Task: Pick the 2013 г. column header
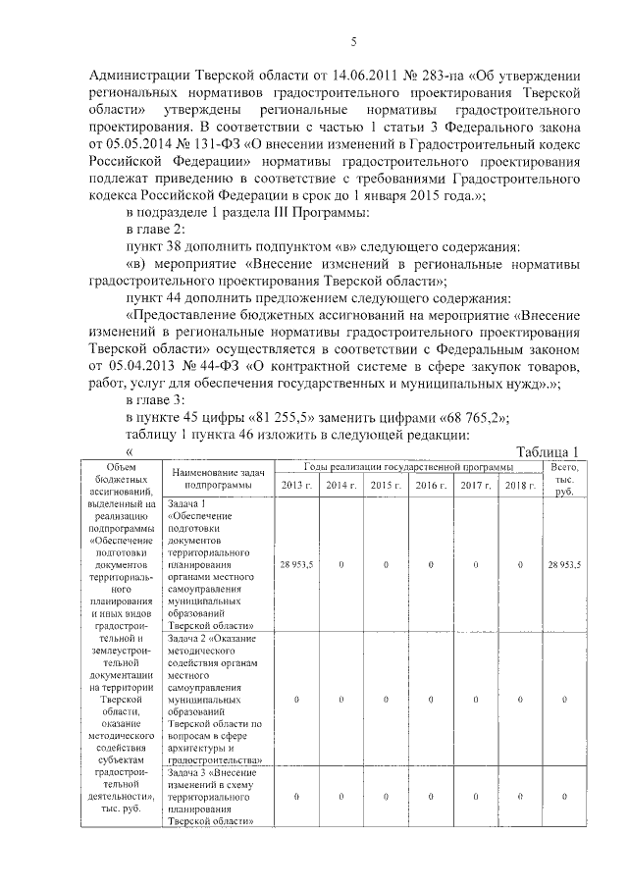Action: tap(297, 486)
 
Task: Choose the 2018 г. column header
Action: tap(520, 486)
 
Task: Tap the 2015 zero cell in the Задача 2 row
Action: tap(386, 699)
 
